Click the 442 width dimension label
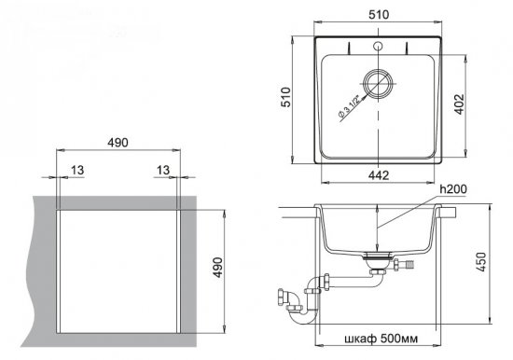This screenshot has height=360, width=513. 379,175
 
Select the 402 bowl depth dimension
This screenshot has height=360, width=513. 460,104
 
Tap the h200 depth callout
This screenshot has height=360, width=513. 452,189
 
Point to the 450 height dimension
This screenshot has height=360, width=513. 480,262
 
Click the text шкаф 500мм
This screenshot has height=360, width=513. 381,339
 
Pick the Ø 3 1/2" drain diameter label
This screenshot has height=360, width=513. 349,106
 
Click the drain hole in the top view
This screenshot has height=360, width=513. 378,83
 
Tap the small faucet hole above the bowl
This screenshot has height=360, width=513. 378,46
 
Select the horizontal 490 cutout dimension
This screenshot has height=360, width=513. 118,143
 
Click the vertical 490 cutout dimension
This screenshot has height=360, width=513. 218,268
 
